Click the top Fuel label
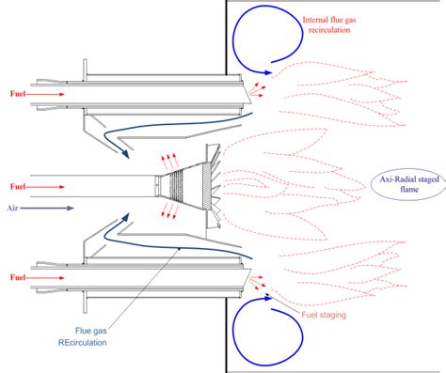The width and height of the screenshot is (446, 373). click(x=18, y=94)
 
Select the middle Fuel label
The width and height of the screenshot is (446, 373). click(x=18, y=187)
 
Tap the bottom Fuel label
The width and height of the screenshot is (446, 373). click(x=18, y=277)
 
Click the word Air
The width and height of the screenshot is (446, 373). click(x=12, y=208)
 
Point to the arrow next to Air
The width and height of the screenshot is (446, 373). click(x=47, y=208)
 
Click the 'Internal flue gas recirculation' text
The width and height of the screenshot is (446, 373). click(x=329, y=25)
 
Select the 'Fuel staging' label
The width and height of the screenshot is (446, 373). click(x=324, y=315)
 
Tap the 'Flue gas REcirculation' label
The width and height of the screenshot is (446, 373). click(x=83, y=336)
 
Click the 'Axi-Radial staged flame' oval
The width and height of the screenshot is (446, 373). click(x=408, y=184)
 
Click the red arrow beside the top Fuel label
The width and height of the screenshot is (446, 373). click(x=45, y=94)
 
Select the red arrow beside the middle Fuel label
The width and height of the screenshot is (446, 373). click(x=45, y=187)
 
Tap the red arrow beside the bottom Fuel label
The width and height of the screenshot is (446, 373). click(x=45, y=278)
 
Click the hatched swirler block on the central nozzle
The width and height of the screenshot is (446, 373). click(x=207, y=186)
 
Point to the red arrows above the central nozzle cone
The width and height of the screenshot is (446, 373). click(x=170, y=161)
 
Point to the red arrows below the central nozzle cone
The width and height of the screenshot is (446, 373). click(x=170, y=210)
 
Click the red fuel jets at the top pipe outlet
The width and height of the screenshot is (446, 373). click(x=257, y=90)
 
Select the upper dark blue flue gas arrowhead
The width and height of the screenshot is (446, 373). click(x=125, y=153)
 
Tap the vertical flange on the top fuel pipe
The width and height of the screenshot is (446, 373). click(x=85, y=70)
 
